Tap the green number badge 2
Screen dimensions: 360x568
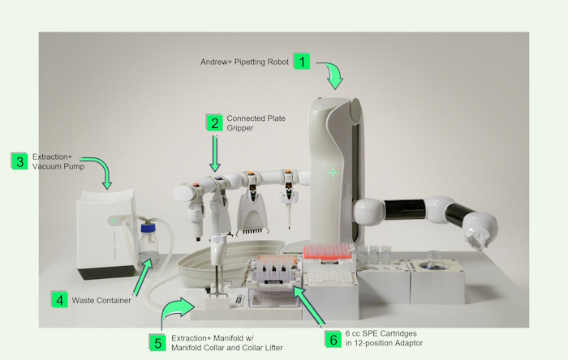tap(214, 122)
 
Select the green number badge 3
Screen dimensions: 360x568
tap(19, 161)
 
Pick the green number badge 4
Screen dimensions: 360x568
tap(59, 300)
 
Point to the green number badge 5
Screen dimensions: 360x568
tap(159, 341)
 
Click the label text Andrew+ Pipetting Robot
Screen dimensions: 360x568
tap(244, 62)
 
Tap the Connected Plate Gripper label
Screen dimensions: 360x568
tap(256, 123)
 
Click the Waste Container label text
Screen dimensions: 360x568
tap(101, 301)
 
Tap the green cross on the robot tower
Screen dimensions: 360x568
tap(333, 173)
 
